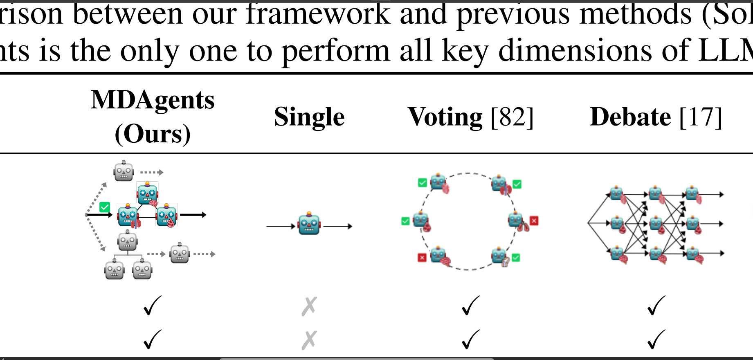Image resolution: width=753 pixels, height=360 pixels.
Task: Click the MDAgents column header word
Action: tap(153, 100)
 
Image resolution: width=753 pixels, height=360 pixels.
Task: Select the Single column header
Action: tap(309, 117)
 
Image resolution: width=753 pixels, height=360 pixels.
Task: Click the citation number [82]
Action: tap(512, 117)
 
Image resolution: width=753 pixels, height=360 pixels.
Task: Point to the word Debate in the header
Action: tap(630, 117)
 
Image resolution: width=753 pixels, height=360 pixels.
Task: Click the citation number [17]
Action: tap(701, 117)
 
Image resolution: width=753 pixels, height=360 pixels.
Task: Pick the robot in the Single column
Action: tap(309, 224)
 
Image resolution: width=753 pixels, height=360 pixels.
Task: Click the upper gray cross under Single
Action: tap(309, 306)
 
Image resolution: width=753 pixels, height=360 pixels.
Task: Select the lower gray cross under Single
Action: tap(309, 340)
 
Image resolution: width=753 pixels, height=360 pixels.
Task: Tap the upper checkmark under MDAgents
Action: tap(152, 306)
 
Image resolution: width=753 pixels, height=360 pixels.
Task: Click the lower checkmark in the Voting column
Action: tap(470, 340)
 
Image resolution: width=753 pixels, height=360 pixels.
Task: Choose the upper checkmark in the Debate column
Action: tap(656, 306)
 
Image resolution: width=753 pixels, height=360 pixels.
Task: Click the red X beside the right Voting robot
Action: tap(534, 221)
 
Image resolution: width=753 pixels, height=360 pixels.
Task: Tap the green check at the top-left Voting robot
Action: tap(423, 183)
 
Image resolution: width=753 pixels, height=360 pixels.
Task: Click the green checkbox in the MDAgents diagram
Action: tap(105, 207)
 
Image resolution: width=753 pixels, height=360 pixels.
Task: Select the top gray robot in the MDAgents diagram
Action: tap(124, 171)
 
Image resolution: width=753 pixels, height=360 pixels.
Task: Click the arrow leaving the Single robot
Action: tap(338, 226)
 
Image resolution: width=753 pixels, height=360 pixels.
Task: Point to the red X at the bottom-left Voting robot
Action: tap(422, 257)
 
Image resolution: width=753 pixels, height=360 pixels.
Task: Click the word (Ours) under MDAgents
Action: tap(153, 134)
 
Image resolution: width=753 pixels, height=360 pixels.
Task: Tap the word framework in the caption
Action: tap(318, 14)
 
